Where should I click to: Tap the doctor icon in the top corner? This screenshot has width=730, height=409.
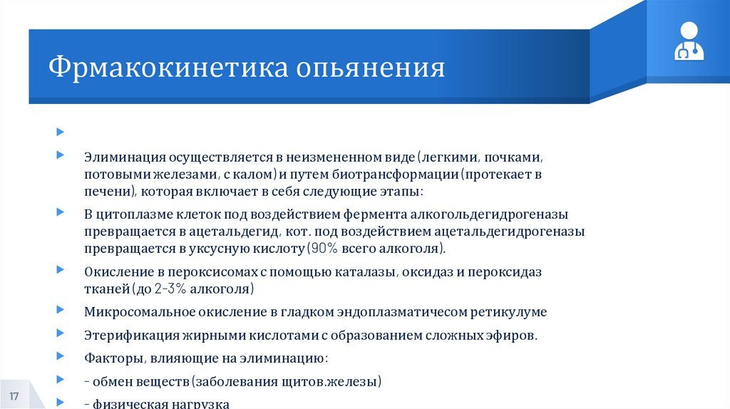pyautogui.click(x=689, y=41)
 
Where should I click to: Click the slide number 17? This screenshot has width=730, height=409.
pyautogui.click(x=14, y=395)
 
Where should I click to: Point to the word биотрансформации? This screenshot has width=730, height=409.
pyautogui.click(x=403, y=174)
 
